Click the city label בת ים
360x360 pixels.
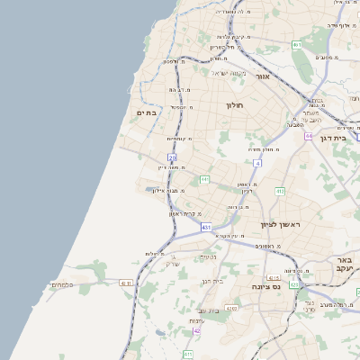click(x=147, y=112)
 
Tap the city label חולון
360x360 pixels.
click(x=235, y=105)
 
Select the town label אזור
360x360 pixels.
click(x=263, y=77)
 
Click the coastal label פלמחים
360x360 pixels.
click(x=62, y=284)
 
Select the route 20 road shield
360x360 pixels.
click(x=171, y=158)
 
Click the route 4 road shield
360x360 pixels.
click(x=257, y=163)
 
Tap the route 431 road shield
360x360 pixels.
click(x=206, y=228)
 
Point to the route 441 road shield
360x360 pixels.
click(x=204, y=180)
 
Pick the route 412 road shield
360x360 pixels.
click(x=280, y=191)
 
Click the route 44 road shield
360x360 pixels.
click(x=309, y=136)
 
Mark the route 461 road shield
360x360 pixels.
click(x=296, y=44)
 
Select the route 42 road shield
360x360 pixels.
click(x=196, y=330)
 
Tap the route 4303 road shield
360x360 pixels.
click(x=232, y=309)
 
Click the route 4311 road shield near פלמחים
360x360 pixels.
click(x=126, y=283)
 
